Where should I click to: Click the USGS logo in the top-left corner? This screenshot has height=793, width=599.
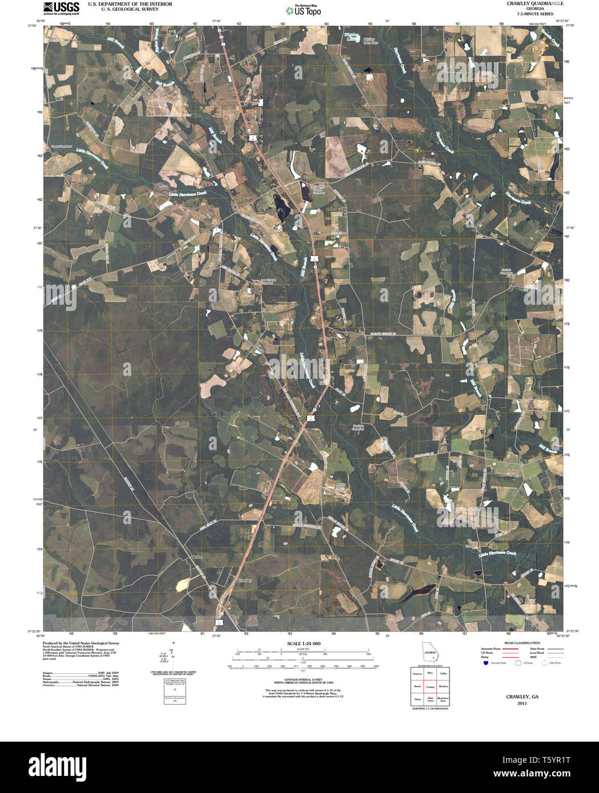(x=61, y=8)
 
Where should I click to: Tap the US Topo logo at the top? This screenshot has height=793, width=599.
(x=303, y=10)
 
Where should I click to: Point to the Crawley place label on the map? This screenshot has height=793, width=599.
(x=245, y=580)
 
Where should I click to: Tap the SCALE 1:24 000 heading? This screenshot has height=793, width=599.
(x=300, y=644)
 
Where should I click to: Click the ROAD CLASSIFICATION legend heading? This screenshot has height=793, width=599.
(x=508, y=642)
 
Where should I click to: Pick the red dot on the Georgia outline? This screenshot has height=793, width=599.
(x=433, y=657)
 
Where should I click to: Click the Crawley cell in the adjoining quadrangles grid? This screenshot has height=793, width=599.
(x=430, y=687)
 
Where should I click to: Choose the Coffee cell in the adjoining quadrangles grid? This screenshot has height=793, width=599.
(x=444, y=674)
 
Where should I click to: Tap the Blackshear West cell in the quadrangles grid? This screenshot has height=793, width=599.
(x=444, y=699)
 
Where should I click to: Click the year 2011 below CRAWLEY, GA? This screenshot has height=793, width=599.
(x=522, y=703)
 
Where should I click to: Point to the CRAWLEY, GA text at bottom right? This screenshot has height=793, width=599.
(x=522, y=697)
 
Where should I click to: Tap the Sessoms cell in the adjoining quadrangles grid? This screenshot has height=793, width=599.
(x=417, y=674)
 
